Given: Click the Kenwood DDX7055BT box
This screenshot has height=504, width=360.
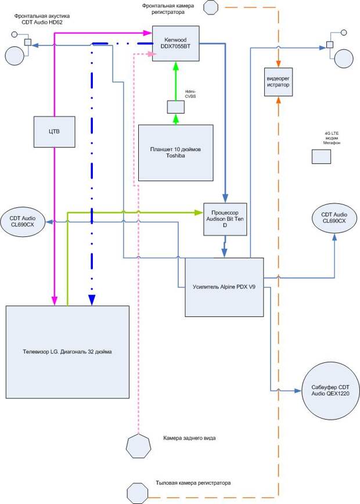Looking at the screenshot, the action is click(x=175, y=44).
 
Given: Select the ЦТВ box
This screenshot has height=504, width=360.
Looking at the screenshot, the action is click(x=55, y=132).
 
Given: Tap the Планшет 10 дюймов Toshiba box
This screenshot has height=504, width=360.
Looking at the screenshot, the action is click(x=175, y=153).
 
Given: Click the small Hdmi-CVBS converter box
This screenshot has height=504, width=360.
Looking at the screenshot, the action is click(x=176, y=107).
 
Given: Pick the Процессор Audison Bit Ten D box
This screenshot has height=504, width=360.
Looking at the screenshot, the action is click(x=225, y=219).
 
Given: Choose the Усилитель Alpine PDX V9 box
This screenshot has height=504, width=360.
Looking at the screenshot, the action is click(x=224, y=287).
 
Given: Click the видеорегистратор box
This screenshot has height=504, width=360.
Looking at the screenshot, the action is click(x=278, y=82).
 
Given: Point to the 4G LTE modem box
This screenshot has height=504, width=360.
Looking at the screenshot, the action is click(x=321, y=157).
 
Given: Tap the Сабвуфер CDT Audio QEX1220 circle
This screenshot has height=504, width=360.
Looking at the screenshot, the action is click(x=330, y=391).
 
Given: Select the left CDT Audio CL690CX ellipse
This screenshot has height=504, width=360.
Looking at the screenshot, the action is click(x=23, y=221).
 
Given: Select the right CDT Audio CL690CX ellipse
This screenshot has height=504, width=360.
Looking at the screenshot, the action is click(x=334, y=218).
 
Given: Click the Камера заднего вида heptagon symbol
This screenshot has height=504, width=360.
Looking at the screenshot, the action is click(x=138, y=446).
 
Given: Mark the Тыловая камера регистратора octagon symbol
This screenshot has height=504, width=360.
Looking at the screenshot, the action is click(x=138, y=494).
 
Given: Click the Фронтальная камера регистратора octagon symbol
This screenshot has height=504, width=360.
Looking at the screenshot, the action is click(x=211, y=7).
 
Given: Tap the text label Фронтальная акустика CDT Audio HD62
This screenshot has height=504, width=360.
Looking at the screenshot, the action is click(x=42, y=19).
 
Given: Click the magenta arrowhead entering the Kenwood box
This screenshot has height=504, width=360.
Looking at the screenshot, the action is click(x=148, y=33).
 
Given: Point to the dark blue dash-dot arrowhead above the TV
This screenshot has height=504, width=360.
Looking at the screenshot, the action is click(x=92, y=300).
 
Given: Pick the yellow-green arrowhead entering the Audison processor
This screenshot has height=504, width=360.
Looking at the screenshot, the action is click(x=199, y=213).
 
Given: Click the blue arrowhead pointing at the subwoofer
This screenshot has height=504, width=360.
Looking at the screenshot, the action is click(x=298, y=391).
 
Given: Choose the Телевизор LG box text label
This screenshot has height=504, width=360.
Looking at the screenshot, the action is click(x=67, y=352).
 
